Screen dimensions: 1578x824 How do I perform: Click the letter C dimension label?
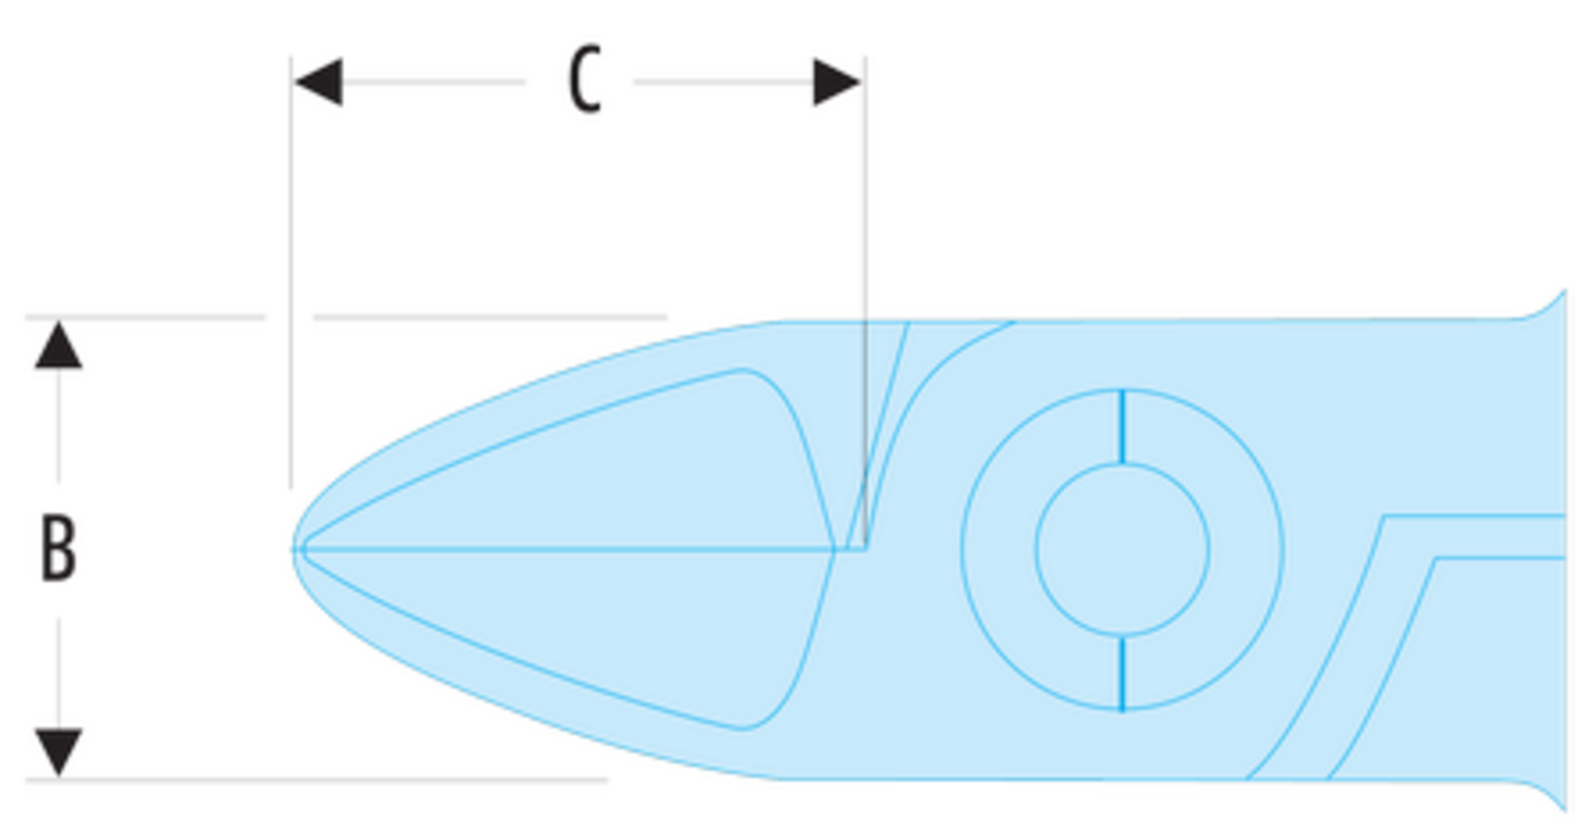[x=585, y=80]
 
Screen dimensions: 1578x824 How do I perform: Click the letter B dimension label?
[x=58, y=548]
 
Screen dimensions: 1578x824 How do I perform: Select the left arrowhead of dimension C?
[x=318, y=81]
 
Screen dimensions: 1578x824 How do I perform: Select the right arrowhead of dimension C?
[x=837, y=81]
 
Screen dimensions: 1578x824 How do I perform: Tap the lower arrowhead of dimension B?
[x=58, y=752]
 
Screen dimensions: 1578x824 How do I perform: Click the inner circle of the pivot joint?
[x=1123, y=464]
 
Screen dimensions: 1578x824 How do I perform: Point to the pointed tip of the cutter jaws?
[x=293, y=549]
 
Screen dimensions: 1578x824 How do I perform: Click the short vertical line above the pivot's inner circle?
[x=1123, y=426]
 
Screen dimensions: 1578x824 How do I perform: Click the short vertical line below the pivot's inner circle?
[x=1123, y=673]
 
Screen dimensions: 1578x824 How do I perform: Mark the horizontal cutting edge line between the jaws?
[x=579, y=548]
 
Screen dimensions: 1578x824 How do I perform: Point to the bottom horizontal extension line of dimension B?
[x=316, y=779]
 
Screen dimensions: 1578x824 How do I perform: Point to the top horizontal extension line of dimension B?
[x=346, y=316]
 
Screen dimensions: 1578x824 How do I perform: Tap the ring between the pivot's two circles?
[x=999, y=550]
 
